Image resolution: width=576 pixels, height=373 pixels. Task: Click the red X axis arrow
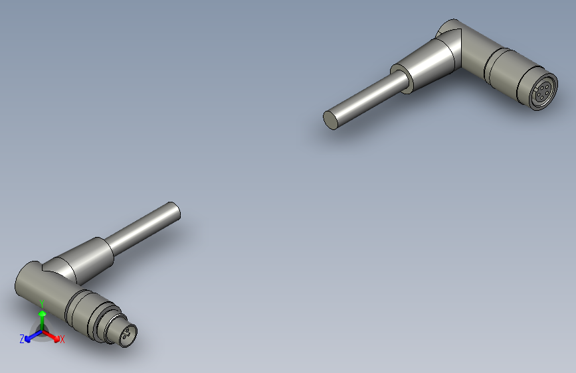[53, 335]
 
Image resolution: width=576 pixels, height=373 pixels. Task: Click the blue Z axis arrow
[31, 337]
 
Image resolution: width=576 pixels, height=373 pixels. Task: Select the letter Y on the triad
[42, 303]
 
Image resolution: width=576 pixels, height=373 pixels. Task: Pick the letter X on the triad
[62, 340]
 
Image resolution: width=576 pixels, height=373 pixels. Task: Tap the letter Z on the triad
[22, 339]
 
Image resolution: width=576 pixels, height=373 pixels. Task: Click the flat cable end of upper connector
[330, 119]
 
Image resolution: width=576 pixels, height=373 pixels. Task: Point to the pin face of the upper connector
[542, 92]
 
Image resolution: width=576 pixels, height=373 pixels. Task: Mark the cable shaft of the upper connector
[365, 100]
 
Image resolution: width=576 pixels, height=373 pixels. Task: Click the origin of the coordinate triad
[42, 330]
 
